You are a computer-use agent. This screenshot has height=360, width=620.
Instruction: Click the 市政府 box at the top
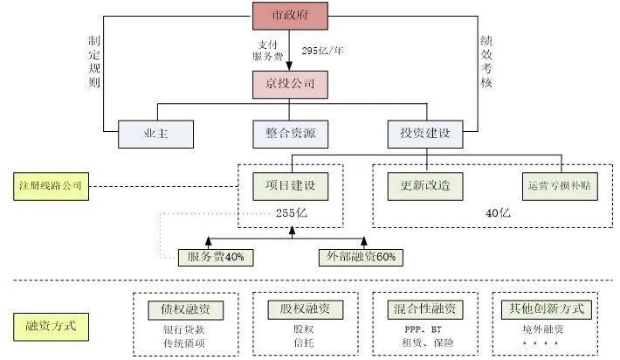pyautogui.click(x=290, y=16)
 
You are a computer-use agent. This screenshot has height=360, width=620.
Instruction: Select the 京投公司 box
pyautogui.click(x=290, y=85)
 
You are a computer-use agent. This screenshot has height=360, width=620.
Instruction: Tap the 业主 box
pyautogui.click(x=155, y=134)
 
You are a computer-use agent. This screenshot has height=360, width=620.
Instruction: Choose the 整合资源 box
pyautogui.click(x=290, y=134)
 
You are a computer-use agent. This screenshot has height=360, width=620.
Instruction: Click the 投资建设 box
pyautogui.click(x=425, y=134)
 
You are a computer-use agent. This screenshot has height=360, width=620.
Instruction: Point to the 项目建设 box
pyautogui.click(x=290, y=185)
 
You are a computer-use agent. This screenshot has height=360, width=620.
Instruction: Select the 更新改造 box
pyautogui.click(x=424, y=185)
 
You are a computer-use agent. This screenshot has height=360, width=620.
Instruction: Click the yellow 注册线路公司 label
pyautogui.click(x=52, y=186)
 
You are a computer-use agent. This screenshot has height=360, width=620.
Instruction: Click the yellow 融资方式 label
pyautogui.click(x=52, y=326)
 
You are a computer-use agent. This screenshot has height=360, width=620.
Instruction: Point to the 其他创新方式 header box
pyautogui.click(x=544, y=309)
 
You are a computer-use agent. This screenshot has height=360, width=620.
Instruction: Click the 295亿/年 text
pyautogui.click(x=323, y=50)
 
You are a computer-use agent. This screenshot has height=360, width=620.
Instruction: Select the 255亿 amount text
pyautogui.click(x=290, y=212)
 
